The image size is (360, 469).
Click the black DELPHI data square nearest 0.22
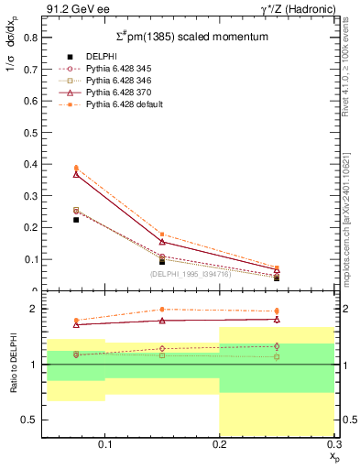point(76,220)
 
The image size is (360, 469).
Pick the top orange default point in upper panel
point(76,168)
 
